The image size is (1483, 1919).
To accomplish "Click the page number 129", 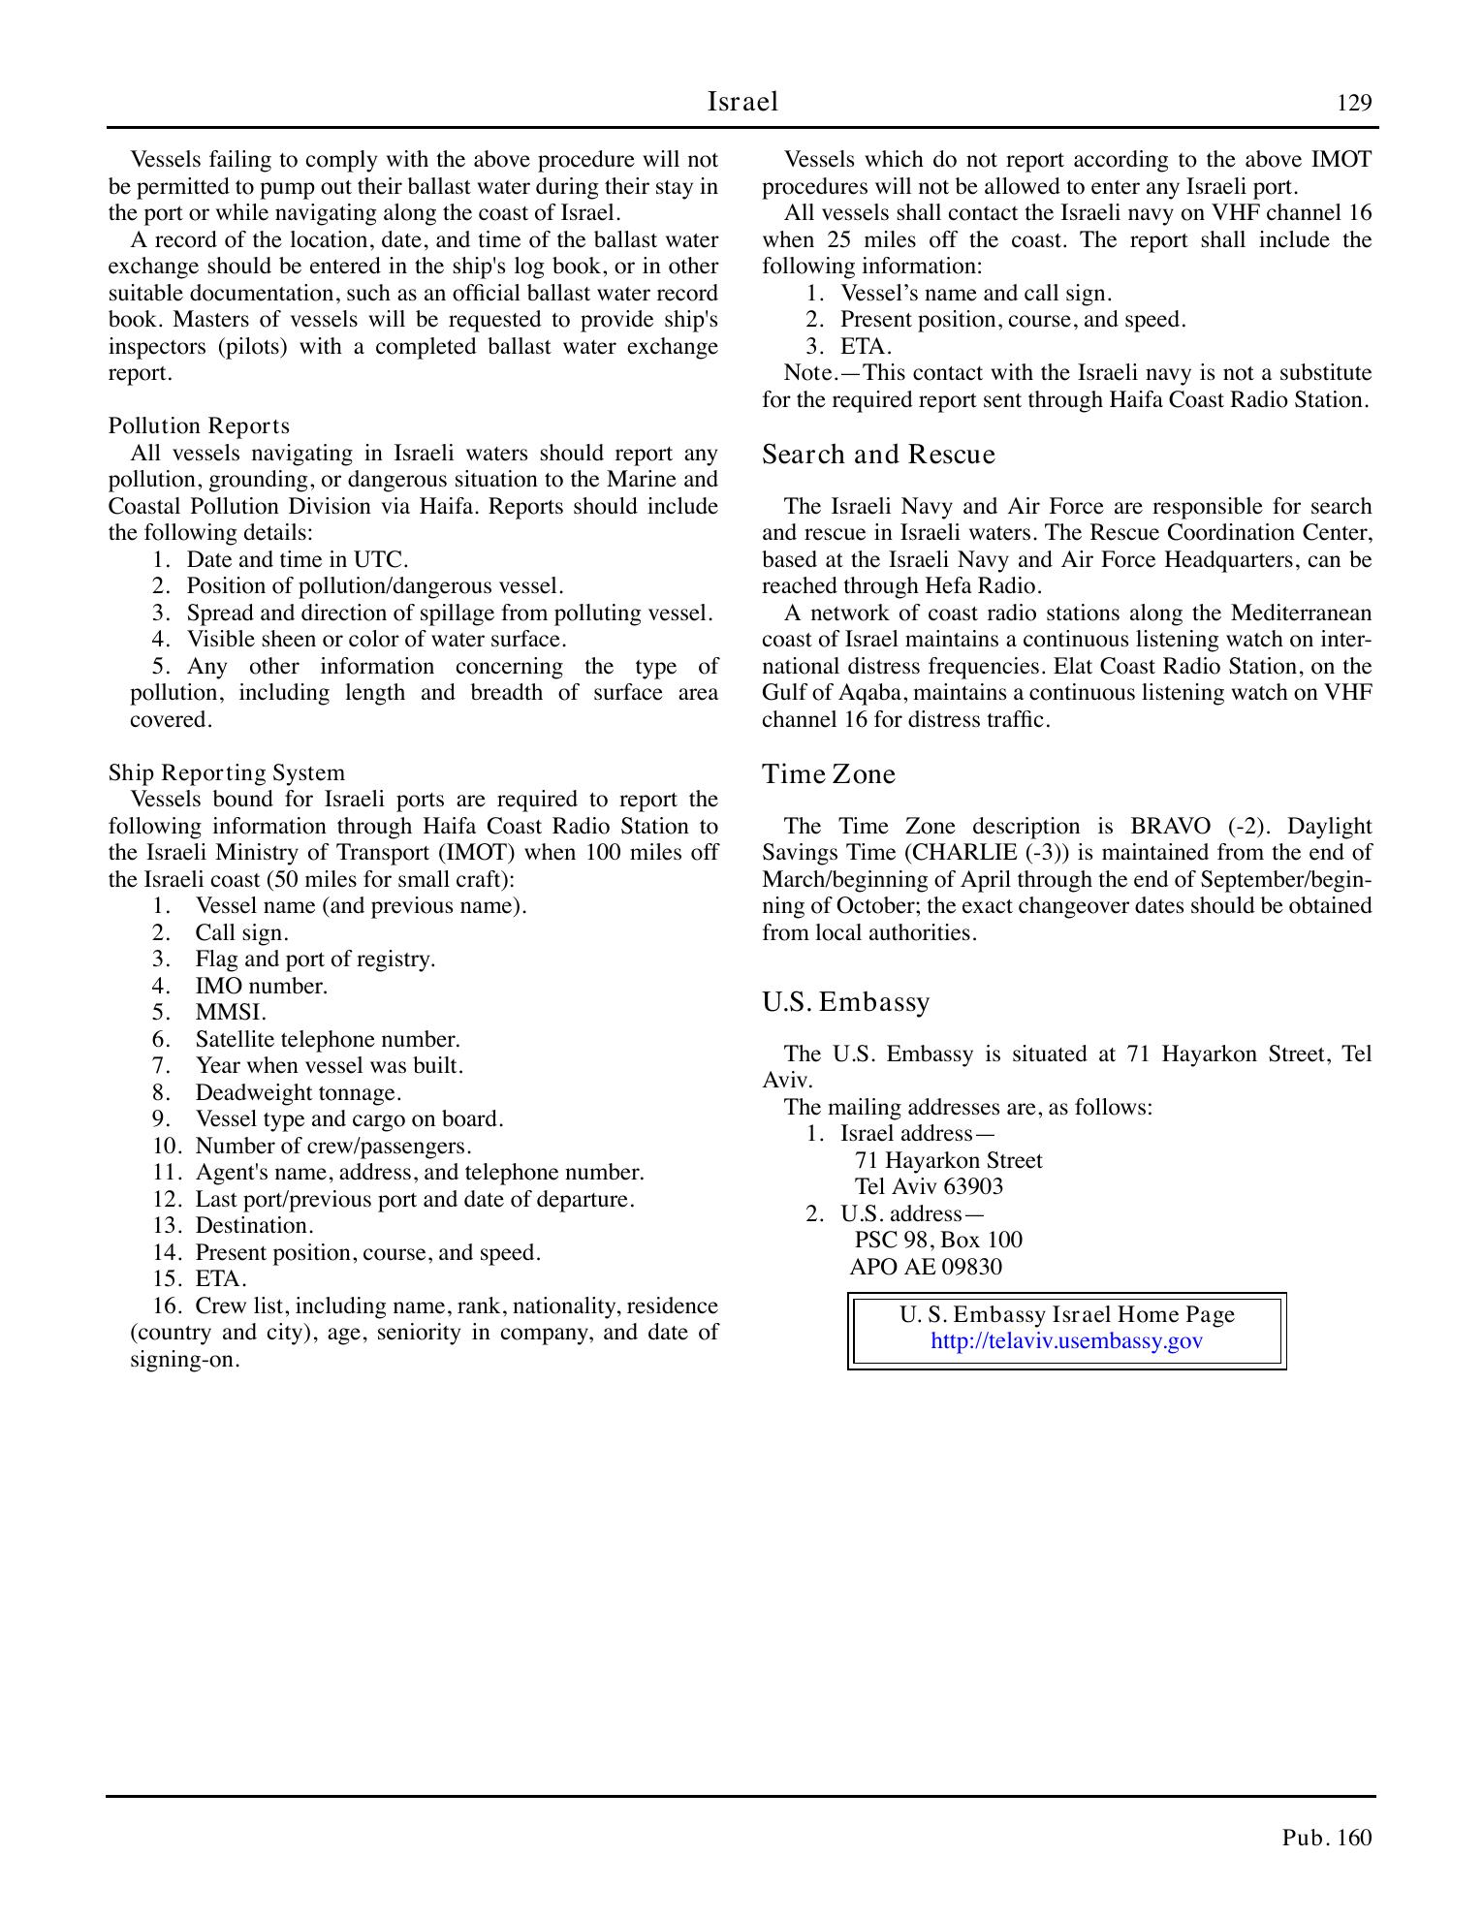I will [1354, 104].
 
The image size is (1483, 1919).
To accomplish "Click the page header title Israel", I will [742, 102].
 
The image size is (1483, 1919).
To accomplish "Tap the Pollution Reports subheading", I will [199, 426].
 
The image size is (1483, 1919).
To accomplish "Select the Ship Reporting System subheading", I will [226, 772].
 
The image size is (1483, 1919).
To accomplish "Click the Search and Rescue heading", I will [878, 455].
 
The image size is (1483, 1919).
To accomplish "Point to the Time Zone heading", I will [829, 774].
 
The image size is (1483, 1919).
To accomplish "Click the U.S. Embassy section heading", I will [845, 1001].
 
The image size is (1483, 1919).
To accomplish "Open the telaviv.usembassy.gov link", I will [1066, 1340].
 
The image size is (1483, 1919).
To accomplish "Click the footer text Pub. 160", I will [1326, 1838].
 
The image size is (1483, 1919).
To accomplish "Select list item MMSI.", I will [231, 1013].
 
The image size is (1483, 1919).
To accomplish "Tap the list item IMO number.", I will [261, 986].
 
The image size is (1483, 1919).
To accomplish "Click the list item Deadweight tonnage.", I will [298, 1092].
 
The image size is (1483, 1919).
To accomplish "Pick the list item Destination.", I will [254, 1226].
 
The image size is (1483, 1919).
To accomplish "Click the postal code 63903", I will [972, 1187].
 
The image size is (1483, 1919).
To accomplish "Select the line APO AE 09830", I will [926, 1267].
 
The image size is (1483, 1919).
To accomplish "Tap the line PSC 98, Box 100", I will [937, 1241].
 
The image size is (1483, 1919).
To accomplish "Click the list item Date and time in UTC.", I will [297, 560].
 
